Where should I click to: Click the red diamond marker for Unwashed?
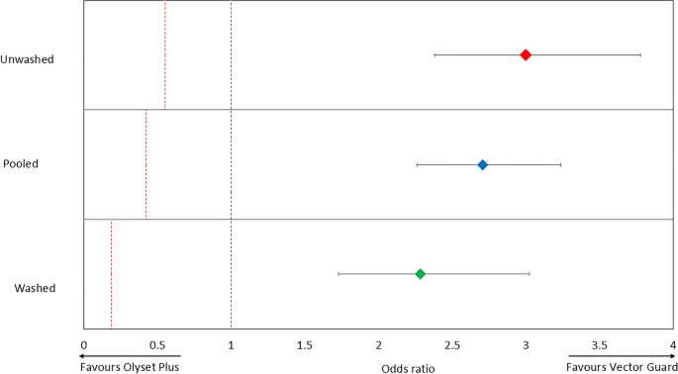pyautogui.click(x=526, y=54)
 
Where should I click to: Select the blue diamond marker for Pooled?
pyautogui.click(x=483, y=164)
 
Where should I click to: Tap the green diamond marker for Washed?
pyautogui.click(x=420, y=273)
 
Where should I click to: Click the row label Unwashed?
pyautogui.click(x=28, y=59)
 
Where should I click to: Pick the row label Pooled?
pyautogui.click(x=21, y=163)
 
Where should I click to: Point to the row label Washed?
pyautogui.click(x=35, y=289)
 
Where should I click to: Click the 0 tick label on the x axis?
pyautogui.click(x=83, y=344)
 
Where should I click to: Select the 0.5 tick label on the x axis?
pyautogui.click(x=156, y=344)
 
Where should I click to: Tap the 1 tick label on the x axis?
pyautogui.click(x=231, y=344)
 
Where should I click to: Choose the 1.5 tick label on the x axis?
pyautogui.click(x=304, y=344)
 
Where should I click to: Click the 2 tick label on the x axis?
pyautogui.click(x=378, y=344)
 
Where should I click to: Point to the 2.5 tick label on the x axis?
pyautogui.click(x=451, y=344)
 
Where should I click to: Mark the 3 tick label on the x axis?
pyautogui.click(x=526, y=344)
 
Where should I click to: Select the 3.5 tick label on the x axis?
pyautogui.click(x=599, y=344)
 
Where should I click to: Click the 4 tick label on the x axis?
pyautogui.click(x=672, y=344)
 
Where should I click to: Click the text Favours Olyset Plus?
pyautogui.click(x=131, y=366)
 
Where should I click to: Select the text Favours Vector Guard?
pyautogui.click(x=620, y=366)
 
